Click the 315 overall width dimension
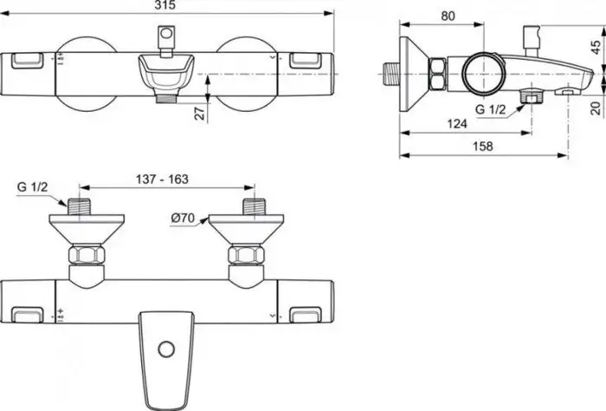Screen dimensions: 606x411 pyautogui.click(x=165, y=5)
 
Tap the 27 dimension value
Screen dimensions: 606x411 pyautogui.click(x=199, y=114)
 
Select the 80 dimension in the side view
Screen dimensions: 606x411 pyautogui.click(x=448, y=16)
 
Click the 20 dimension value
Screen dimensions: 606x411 pyautogui.click(x=596, y=108)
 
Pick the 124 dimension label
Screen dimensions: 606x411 pyautogui.click(x=457, y=124)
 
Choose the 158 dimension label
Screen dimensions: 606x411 pyautogui.click(x=483, y=147)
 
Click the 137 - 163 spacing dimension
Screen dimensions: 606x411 pyautogui.click(x=162, y=179)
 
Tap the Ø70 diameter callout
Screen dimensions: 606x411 pyautogui.click(x=183, y=218)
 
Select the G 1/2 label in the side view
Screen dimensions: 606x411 pyautogui.click(x=491, y=109)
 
